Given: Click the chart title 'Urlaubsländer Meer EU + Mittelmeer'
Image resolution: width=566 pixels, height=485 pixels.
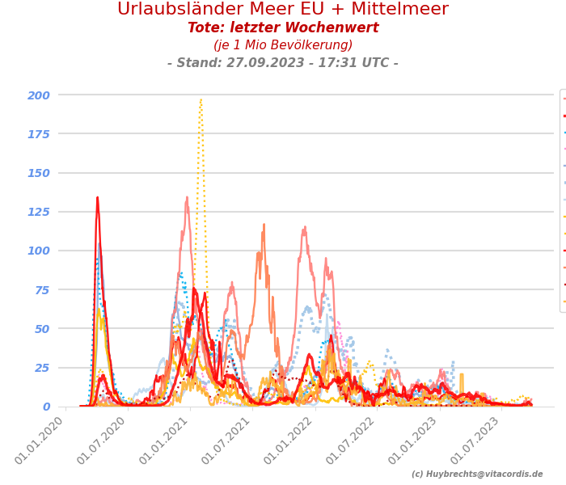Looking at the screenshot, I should point(283,10).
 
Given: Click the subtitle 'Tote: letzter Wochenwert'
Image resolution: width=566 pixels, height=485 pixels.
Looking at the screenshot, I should point(283,28).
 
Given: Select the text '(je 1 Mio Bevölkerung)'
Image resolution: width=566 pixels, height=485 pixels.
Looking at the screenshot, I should point(283,45).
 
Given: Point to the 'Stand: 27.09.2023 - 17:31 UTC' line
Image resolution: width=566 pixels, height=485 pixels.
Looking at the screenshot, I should point(283,63).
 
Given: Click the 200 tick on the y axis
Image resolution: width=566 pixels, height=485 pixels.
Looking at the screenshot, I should point(39,95).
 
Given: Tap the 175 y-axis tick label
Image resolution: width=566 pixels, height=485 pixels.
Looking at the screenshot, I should point(39,134).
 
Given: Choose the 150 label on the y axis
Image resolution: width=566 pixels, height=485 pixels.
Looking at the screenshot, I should point(39,173).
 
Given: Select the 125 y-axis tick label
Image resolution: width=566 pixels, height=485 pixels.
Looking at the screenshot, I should point(39,212).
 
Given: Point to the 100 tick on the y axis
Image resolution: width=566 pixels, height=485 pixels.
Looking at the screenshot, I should point(39,251).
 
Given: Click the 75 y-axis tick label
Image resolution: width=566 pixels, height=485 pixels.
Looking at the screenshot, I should point(42,290).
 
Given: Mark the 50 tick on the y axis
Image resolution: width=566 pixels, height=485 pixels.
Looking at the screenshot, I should point(42,329).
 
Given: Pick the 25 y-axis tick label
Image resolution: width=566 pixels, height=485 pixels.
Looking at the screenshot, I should point(42,368).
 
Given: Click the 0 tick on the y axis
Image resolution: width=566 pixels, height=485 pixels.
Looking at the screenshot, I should point(46,407).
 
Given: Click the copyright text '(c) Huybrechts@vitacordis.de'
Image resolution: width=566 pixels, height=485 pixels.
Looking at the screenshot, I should point(477,474).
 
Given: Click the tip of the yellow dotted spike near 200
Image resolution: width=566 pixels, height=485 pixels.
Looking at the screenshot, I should point(201,99).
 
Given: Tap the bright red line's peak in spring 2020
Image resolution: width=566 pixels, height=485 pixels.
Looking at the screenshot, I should point(98,197).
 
